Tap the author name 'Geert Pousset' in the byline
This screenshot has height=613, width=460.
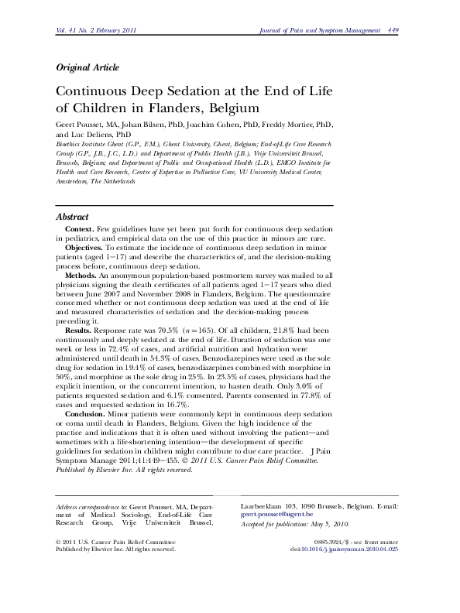click(81, 124)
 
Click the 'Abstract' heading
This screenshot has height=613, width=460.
click(74, 217)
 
